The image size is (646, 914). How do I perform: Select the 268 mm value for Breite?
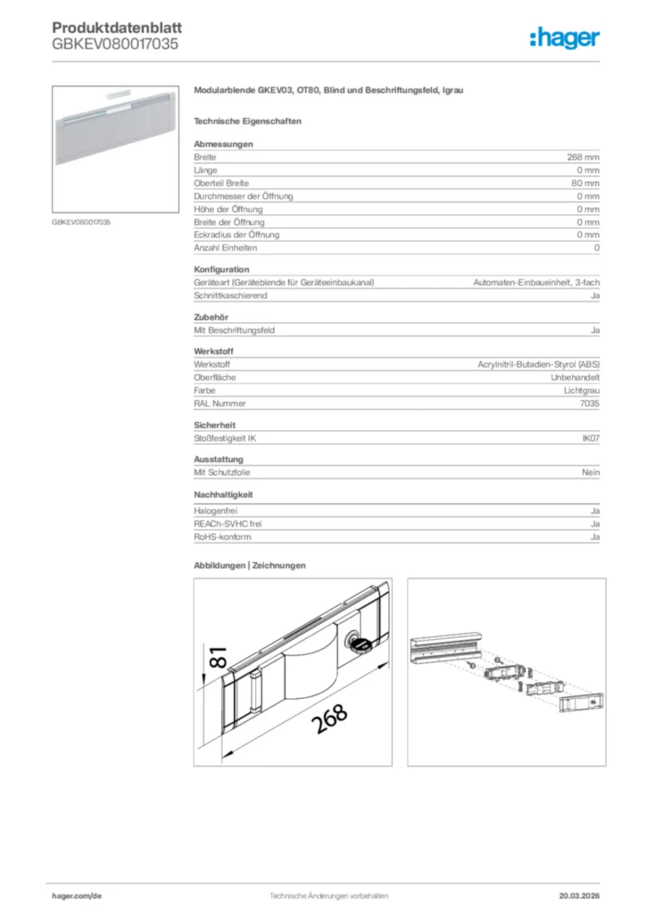[583, 157]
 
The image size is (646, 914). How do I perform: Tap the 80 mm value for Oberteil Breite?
[584, 183]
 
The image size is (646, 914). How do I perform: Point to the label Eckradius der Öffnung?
[236, 235]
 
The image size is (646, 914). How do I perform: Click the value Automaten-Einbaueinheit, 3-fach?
[535, 283]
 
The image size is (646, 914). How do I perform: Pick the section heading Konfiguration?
[221, 270]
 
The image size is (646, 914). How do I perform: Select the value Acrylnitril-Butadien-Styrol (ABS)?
[539, 365]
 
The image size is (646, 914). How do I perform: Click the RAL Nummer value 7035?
[589, 403]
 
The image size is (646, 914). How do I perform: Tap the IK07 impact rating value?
[591, 438]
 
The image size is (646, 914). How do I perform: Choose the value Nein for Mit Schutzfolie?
[591, 472]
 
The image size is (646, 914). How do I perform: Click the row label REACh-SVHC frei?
[228, 524]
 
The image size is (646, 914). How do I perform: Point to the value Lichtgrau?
[582, 391]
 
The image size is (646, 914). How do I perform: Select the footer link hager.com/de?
[76, 895]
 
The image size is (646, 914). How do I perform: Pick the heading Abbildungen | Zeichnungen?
[250, 565]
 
